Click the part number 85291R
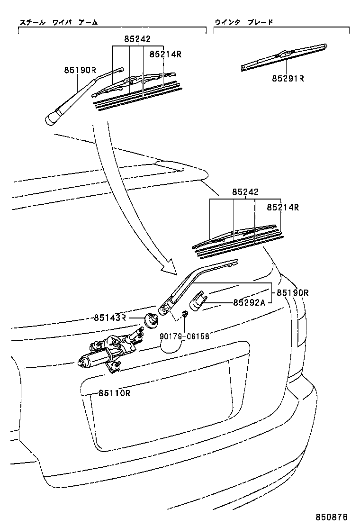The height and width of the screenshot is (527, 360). tap(288, 78)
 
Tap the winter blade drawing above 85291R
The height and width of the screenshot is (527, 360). tap(284, 56)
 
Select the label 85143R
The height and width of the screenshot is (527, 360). tap(110, 318)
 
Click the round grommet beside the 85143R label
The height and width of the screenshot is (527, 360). tap(151, 320)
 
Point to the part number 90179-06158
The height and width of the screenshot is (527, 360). tap(184, 336)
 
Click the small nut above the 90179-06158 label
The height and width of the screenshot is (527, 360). tap(185, 314)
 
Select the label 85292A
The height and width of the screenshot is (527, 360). tap(249, 302)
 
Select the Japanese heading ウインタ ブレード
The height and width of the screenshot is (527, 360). tap(244, 22)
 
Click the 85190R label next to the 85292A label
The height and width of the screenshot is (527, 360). tap(292, 292)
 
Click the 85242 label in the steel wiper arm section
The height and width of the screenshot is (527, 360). tap(138, 40)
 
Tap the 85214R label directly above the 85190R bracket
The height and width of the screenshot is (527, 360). tap(282, 207)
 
